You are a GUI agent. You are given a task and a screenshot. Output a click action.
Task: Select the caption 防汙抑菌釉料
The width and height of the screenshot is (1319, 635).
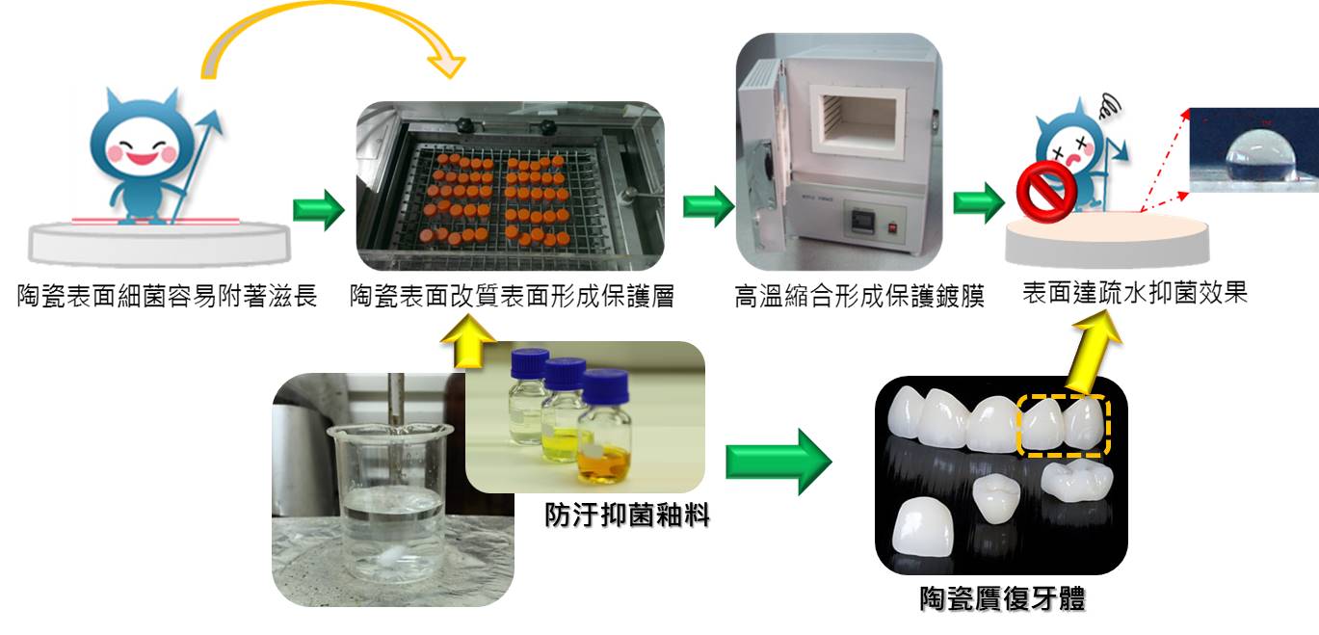pos(626,515)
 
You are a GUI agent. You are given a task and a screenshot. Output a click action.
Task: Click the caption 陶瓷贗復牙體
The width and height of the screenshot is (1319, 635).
pos(1002,599)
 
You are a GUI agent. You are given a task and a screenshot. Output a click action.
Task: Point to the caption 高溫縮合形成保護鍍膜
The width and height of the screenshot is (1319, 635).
pos(859,296)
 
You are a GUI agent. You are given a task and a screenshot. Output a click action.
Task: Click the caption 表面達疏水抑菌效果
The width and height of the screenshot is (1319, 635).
pos(1135,293)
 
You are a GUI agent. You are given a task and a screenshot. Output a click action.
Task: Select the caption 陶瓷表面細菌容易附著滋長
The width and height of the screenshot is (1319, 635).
pos(168,296)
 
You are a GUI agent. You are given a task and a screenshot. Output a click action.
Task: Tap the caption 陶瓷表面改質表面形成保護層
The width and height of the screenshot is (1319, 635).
pos(512,296)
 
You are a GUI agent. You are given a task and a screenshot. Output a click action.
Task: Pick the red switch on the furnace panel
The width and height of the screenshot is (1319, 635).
pos(892,226)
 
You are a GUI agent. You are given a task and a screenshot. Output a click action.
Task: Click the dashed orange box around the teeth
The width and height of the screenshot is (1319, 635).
pos(1064,425)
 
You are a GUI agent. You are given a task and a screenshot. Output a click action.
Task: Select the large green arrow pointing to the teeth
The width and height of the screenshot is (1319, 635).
pos(778,462)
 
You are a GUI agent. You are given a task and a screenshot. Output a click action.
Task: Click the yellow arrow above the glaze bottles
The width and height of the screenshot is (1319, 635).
pos(468,342)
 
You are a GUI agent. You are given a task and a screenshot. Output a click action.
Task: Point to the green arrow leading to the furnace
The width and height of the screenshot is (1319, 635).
pos(708,205)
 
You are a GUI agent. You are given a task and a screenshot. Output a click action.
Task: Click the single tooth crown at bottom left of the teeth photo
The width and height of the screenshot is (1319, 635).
pos(923,527)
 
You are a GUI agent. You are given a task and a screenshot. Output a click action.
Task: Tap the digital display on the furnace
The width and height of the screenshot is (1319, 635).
pos(859,221)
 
